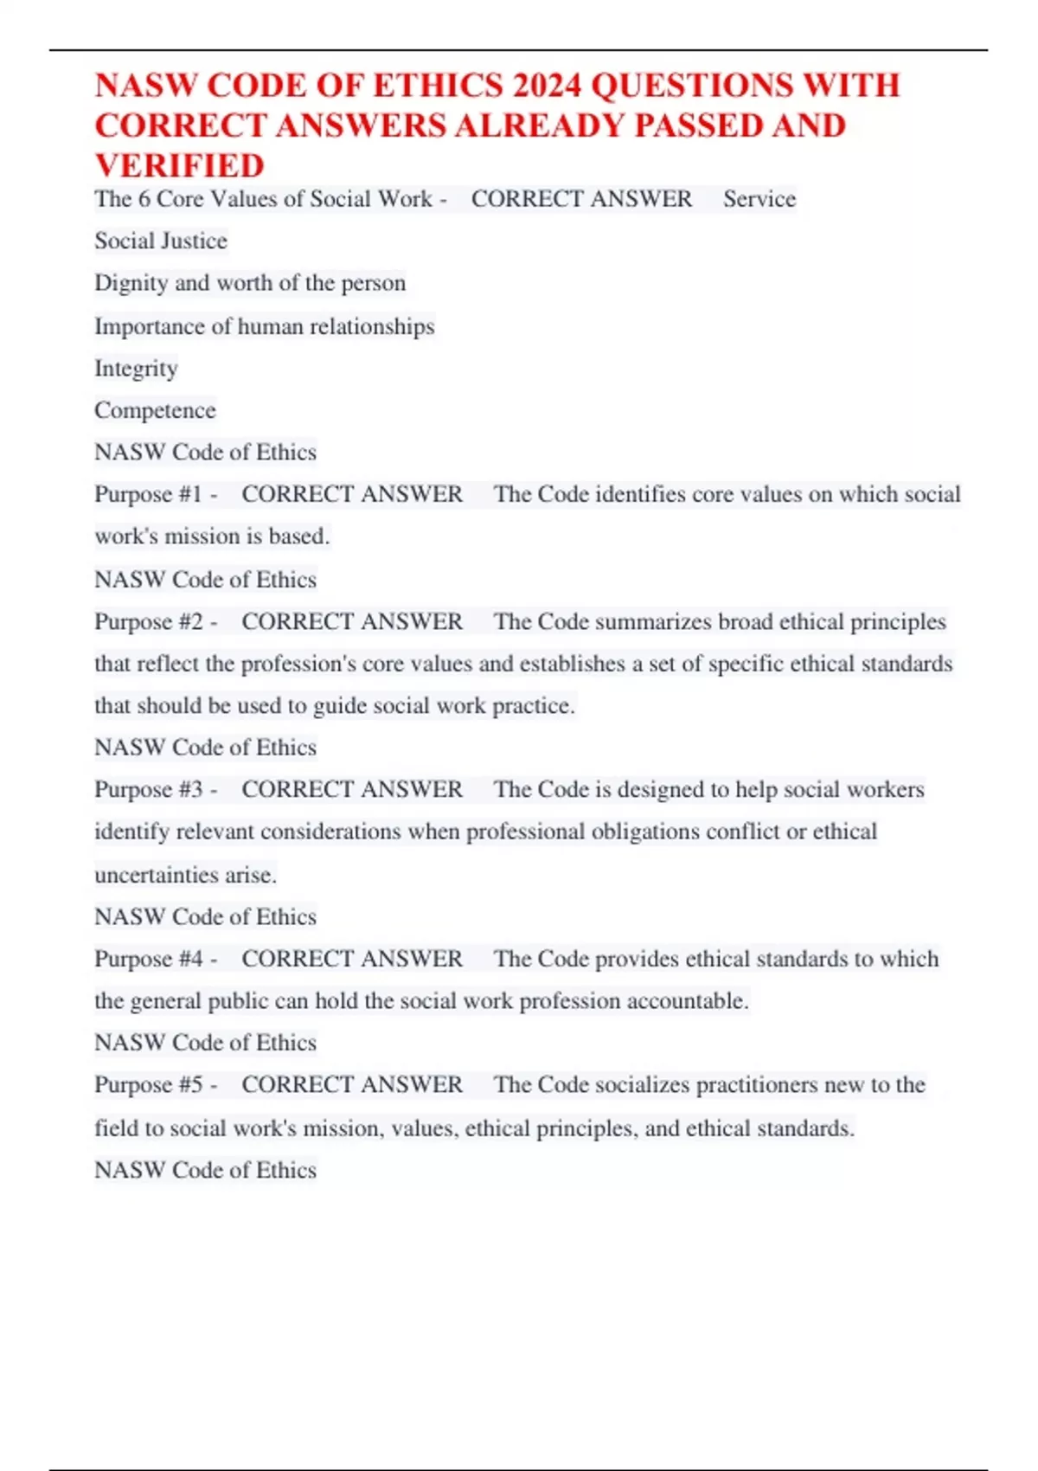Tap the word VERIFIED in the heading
[180, 165]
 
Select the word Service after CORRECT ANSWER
[759, 199]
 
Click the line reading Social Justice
[161, 241]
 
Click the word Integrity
[136, 369]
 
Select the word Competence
[155, 410]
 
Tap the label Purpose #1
[148, 494]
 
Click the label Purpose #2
[148, 621]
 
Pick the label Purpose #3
[148, 789]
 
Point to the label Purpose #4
[148, 959]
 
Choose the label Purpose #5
[148, 1085]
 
